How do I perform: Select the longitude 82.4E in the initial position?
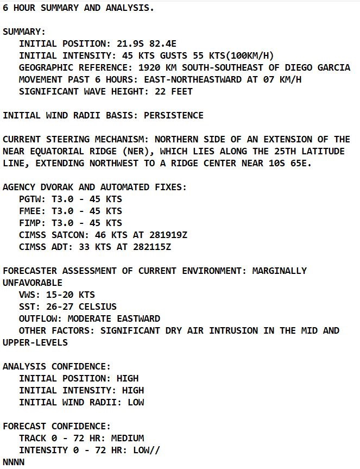[157, 43]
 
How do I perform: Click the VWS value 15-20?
[60, 295]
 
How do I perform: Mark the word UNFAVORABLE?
[33, 283]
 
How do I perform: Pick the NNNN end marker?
[14, 462]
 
